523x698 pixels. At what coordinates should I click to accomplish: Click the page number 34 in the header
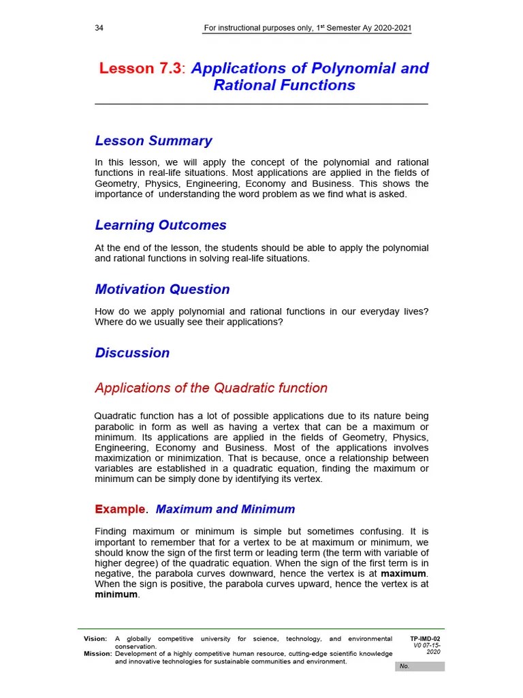pos(99,29)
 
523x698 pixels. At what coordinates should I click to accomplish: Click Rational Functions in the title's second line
pos(284,85)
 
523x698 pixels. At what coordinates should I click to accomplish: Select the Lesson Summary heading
pos(153,141)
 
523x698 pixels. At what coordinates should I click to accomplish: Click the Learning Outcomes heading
pos(161,225)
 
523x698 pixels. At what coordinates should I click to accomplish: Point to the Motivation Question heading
pos(162,289)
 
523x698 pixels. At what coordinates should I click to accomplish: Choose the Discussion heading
pos(132,352)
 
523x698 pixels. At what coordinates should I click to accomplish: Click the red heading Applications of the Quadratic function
pos(211,388)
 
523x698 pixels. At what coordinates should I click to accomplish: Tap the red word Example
pos(120,509)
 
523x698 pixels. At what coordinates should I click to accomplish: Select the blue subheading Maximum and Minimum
pos(225,509)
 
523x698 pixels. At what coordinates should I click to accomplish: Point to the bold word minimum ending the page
pos(116,594)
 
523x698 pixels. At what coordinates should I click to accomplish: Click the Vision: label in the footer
pos(95,639)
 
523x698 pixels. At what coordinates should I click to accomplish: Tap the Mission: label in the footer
pos(97,654)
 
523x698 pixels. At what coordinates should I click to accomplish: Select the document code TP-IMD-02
pos(426,639)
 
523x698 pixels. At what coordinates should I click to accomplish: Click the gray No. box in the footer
pos(419,666)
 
